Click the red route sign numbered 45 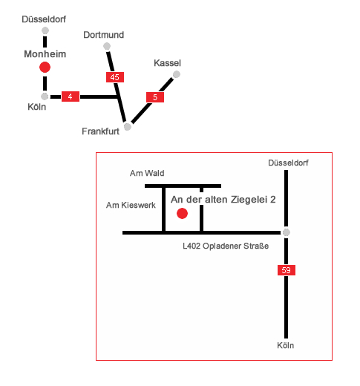click(115, 77)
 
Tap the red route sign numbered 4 click(71, 96)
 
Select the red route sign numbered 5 click(155, 97)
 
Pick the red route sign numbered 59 click(287, 270)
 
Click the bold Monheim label click(45, 54)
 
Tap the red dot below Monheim click(45, 68)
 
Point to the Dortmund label click(104, 35)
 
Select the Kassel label click(168, 63)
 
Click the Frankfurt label click(100, 131)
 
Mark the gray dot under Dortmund click(107, 46)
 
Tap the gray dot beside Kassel click(177, 74)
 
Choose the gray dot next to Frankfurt click(128, 127)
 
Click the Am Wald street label click(147, 173)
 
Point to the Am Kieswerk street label click(131, 205)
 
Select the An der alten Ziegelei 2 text click(223, 200)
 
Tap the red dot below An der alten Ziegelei click(182, 214)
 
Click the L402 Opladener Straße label click(226, 246)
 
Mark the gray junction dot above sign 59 click(287, 232)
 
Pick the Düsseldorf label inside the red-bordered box click(288, 163)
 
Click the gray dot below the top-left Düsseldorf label click(45, 30)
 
